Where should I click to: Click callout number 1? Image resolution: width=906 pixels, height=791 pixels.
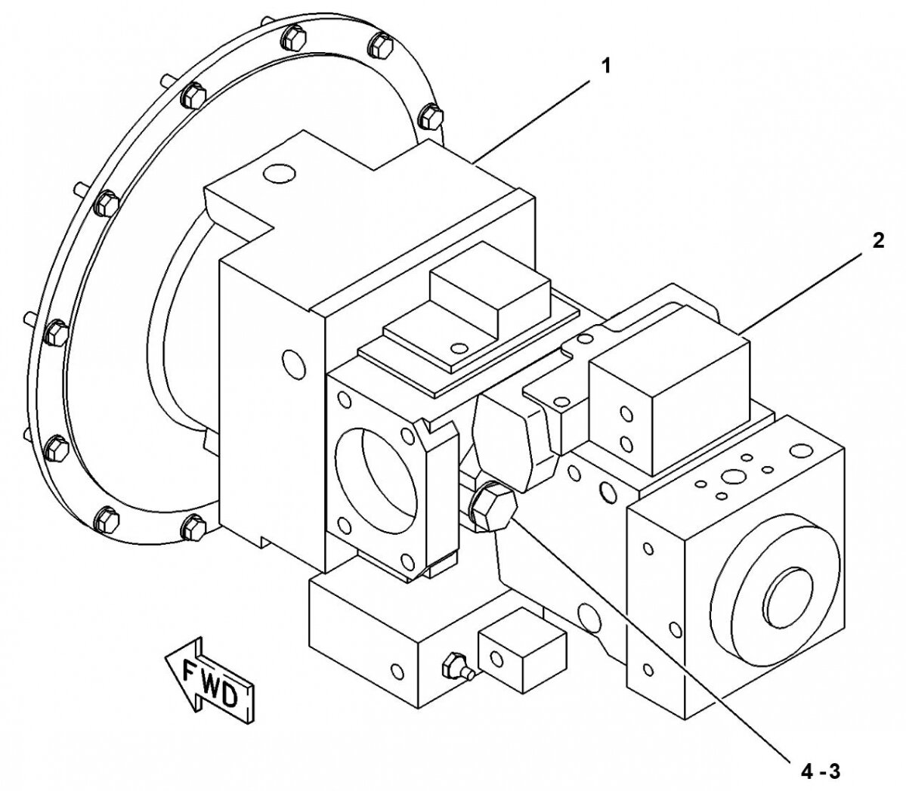tap(605, 66)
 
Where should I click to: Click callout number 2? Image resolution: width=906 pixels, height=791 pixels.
tap(878, 241)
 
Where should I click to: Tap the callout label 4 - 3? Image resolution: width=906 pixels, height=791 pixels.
tap(820, 771)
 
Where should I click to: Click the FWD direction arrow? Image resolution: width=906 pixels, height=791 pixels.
tap(210, 679)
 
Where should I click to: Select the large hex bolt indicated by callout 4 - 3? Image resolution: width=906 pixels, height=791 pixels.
tap(492, 507)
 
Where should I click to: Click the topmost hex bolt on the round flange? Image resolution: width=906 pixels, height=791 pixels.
tap(294, 39)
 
